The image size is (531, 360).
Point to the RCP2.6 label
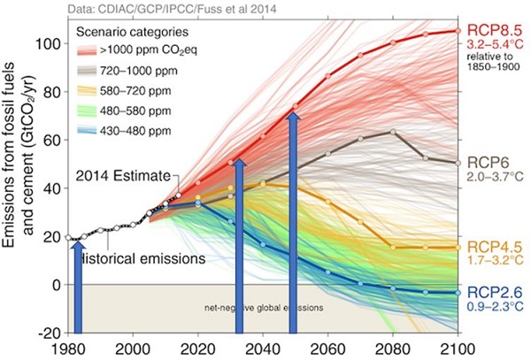pos(490,290)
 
